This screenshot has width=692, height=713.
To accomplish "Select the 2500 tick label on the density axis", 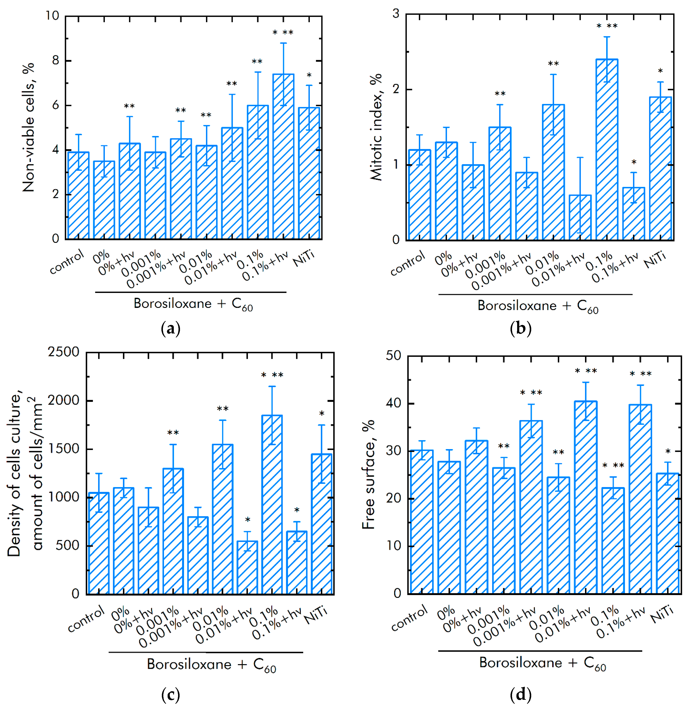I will [x=64, y=352].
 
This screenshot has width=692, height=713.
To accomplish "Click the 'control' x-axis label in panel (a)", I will [x=67, y=262].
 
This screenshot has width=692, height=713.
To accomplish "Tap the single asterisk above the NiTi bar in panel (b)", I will [x=660, y=71].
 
